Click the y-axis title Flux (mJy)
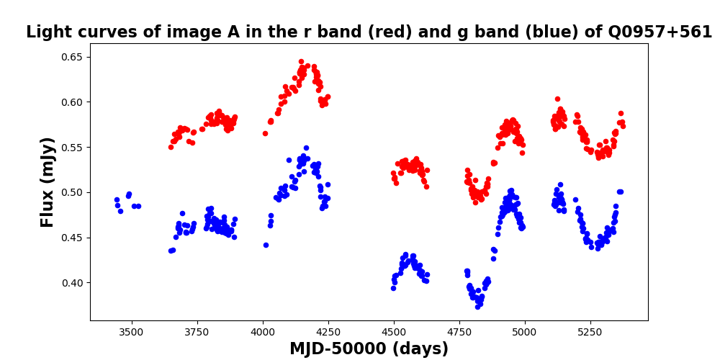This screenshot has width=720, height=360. point(48,182)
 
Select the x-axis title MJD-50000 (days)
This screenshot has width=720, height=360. point(369,349)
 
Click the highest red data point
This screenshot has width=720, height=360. point(301,61)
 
